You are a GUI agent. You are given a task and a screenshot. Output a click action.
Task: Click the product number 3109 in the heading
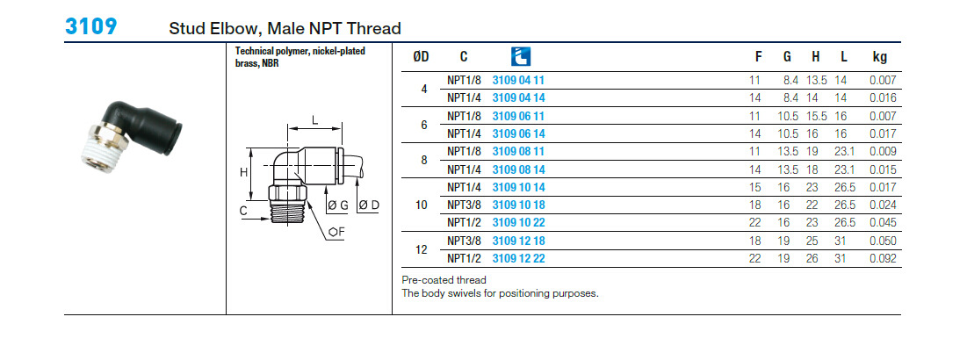click(x=90, y=26)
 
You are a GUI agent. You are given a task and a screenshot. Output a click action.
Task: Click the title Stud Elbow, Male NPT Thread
click(x=285, y=29)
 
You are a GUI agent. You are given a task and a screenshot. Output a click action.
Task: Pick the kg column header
click(x=879, y=57)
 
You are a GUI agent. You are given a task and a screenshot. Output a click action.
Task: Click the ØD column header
click(x=421, y=57)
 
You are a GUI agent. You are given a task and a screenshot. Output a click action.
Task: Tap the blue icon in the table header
click(x=520, y=56)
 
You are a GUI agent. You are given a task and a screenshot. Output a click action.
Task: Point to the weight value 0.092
click(x=881, y=258)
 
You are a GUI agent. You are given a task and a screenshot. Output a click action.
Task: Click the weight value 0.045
click(x=881, y=222)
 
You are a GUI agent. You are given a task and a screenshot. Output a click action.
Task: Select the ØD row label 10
click(x=422, y=205)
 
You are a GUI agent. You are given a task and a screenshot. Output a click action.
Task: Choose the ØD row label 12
click(x=422, y=249)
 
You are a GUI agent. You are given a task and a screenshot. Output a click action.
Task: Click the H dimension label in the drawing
click(x=243, y=173)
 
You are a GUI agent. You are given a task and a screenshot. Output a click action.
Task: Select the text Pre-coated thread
click(x=443, y=280)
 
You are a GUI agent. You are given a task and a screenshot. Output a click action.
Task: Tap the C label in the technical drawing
click(x=242, y=211)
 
